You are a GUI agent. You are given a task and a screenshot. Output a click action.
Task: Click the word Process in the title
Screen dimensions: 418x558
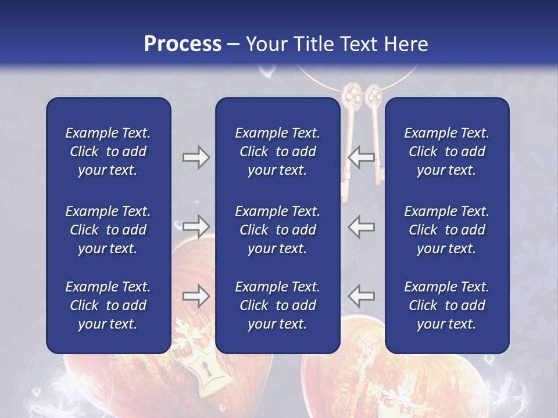point(183,44)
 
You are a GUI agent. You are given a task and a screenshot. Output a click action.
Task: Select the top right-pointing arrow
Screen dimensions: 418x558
point(196,157)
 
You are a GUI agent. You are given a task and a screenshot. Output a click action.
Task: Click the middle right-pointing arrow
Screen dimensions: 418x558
point(196,226)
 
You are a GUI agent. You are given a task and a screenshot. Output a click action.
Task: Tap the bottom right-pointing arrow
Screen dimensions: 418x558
point(196,297)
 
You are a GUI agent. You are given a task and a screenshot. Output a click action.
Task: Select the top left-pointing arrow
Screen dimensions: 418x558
point(362,157)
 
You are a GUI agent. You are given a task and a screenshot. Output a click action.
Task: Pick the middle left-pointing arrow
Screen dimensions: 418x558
point(362,226)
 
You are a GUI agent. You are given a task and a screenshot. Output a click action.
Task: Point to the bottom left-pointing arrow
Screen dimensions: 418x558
point(362,297)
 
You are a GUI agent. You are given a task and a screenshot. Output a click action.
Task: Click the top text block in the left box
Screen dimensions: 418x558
point(108,152)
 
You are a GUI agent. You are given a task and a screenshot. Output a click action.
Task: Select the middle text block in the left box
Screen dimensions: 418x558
point(108,230)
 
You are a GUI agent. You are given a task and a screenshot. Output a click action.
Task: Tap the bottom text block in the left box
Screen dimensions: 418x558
point(108,305)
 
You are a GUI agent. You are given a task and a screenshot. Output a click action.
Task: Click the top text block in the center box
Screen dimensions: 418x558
point(277,152)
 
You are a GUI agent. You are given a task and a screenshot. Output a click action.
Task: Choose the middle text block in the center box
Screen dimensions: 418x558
point(277,230)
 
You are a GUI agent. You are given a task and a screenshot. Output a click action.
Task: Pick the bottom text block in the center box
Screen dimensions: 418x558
point(277,305)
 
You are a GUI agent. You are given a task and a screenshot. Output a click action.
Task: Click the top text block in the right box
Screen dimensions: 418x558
point(446,152)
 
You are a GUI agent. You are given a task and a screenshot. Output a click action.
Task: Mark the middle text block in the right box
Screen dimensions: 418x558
point(446,230)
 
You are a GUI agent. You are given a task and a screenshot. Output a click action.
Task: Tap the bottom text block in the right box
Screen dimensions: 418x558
point(446,305)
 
